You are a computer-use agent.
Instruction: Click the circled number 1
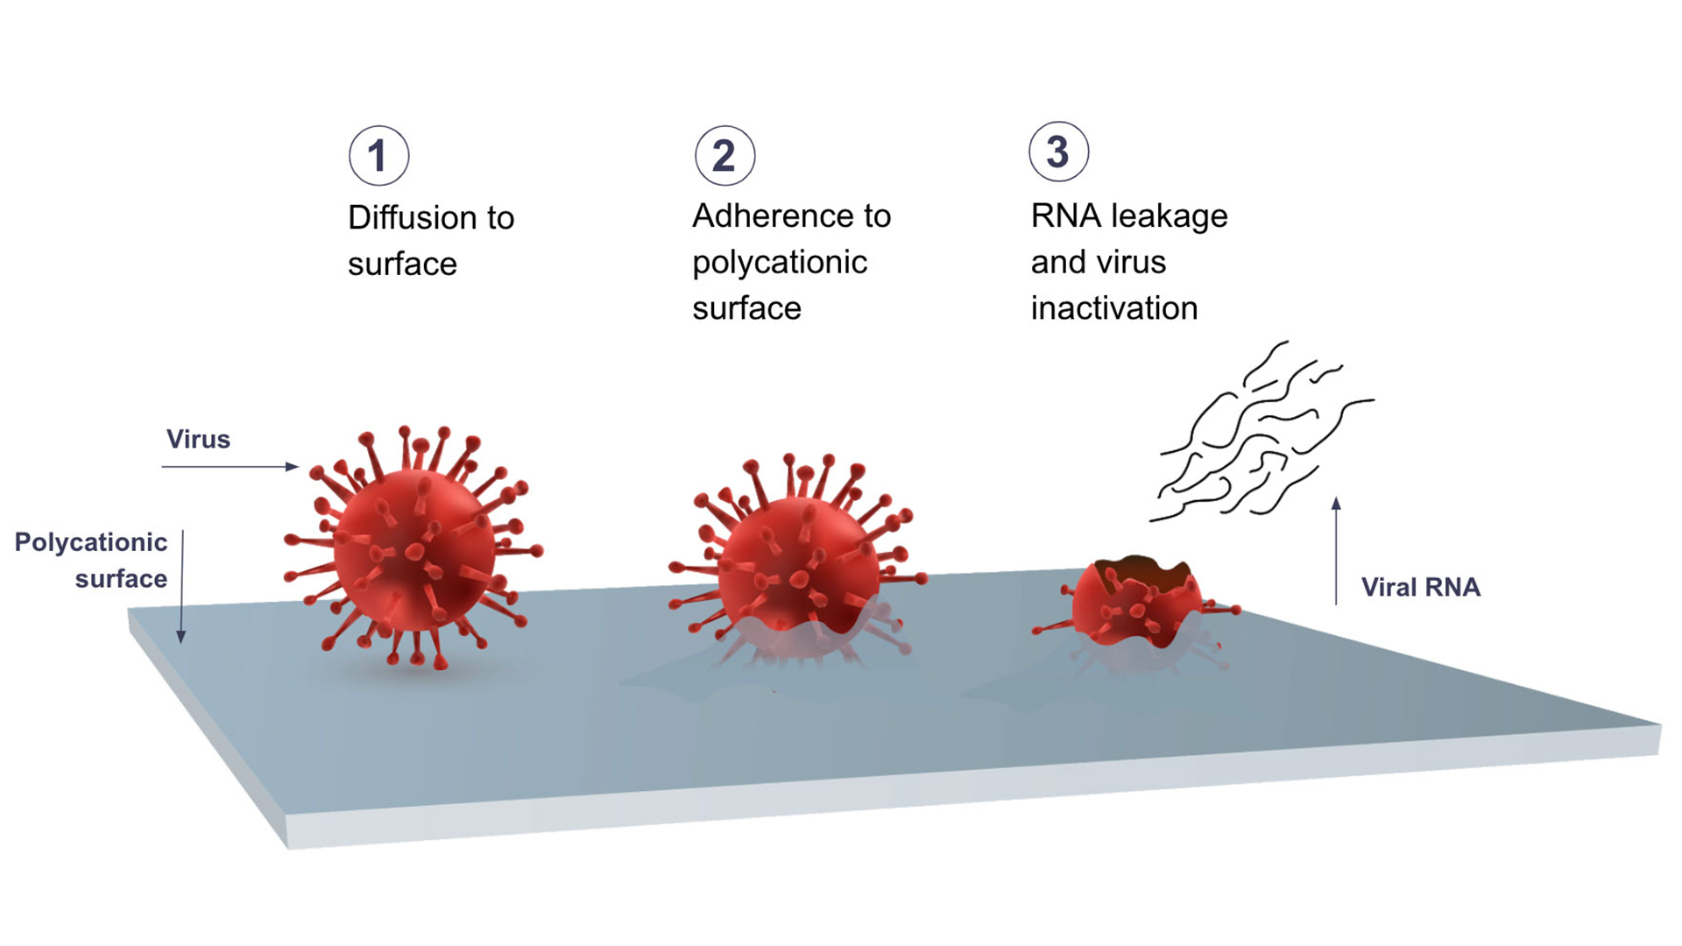pos(378,156)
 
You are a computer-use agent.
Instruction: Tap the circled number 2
pos(724,156)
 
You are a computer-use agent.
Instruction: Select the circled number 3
pos(1058,152)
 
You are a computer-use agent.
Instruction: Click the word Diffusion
pos(405,218)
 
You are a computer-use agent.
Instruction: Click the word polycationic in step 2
pos(779,263)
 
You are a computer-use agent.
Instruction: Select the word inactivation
pos(1113,308)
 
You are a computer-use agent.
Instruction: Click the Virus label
pos(198,439)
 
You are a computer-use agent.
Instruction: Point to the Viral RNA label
pos(1420,587)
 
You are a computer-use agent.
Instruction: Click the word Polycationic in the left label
pos(90,542)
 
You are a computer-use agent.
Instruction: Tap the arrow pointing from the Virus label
pos(230,467)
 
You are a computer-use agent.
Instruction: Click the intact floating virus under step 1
pos(413,550)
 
